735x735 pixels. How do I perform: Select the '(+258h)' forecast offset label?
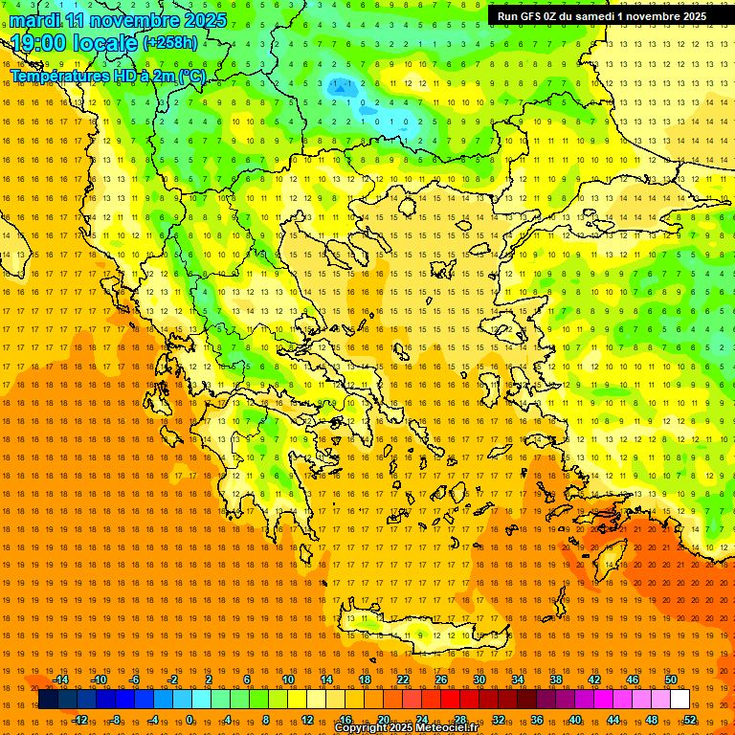click(x=170, y=42)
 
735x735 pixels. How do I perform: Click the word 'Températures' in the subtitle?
click(x=56, y=76)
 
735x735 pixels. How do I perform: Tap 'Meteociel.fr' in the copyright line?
click(x=441, y=728)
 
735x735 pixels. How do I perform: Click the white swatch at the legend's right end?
click(x=679, y=700)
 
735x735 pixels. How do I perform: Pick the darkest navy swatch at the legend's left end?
click(x=47, y=700)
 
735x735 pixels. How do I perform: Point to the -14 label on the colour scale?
click(x=61, y=679)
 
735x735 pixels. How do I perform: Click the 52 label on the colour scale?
click(x=690, y=719)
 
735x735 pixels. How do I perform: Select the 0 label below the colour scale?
click(x=189, y=719)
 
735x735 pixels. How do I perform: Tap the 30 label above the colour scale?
click(x=479, y=679)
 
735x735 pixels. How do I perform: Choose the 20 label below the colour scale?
click(x=383, y=719)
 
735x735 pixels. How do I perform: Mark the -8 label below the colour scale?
click(x=116, y=719)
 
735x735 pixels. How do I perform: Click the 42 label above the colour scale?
click(x=593, y=679)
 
